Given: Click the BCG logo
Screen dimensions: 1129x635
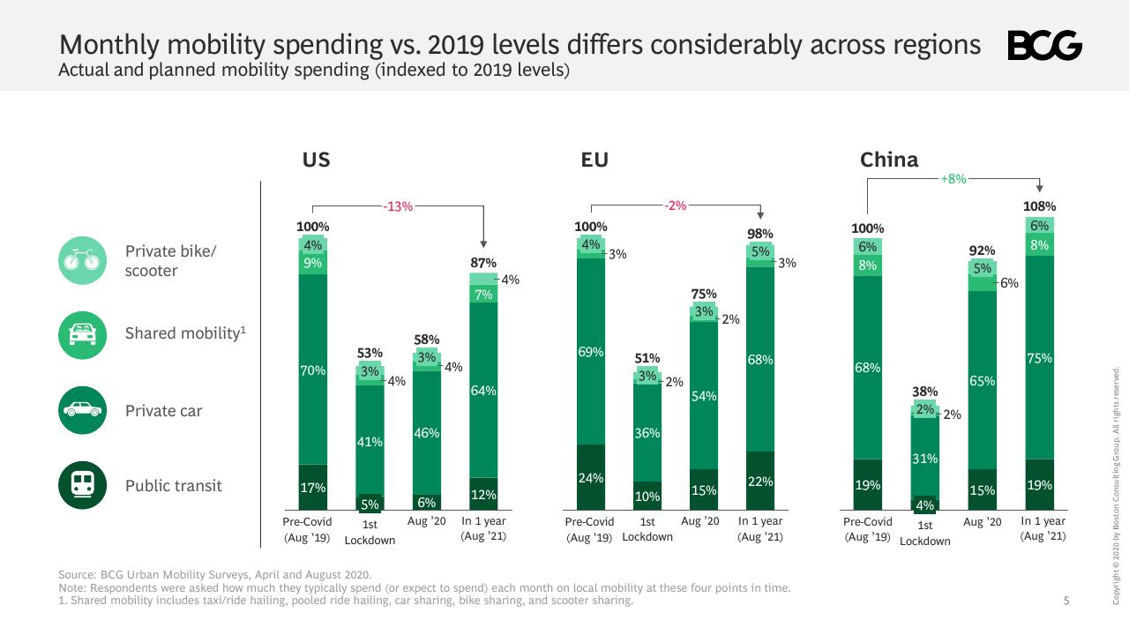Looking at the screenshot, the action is (x=1045, y=45).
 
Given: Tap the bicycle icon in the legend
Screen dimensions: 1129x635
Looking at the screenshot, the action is (x=82, y=260).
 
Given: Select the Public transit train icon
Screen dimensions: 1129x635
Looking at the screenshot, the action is (x=82, y=485).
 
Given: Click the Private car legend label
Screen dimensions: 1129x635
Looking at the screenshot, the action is (x=163, y=411).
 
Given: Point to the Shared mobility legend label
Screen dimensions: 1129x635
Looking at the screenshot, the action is (x=185, y=333).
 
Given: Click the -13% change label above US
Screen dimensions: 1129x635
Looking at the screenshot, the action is (x=398, y=206).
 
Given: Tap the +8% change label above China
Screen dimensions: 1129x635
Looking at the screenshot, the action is (x=953, y=179).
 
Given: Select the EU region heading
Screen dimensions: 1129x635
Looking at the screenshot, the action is (x=594, y=160).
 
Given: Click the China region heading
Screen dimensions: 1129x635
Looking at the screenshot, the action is (x=889, y=160).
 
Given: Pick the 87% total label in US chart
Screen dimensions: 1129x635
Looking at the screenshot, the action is (x=483, y=263).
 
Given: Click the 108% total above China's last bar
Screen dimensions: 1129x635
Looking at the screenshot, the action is (x=1039, y=206).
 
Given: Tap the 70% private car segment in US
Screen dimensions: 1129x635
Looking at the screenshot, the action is (x=312, y=370).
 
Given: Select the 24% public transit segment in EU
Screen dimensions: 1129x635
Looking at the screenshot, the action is (x=591, y=477).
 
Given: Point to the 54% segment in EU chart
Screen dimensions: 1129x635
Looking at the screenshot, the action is (x=704, y=396).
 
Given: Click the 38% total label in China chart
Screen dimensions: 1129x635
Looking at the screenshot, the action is (x=925, y=392).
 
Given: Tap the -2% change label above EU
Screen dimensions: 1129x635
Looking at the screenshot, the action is (x=676, y=205).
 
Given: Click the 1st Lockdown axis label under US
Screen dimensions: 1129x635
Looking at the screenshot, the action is (x=370, y=532).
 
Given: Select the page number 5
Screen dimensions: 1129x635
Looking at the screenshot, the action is (x=1066, y=601).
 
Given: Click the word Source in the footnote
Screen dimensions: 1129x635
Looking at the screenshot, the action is (x=77, y=574).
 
